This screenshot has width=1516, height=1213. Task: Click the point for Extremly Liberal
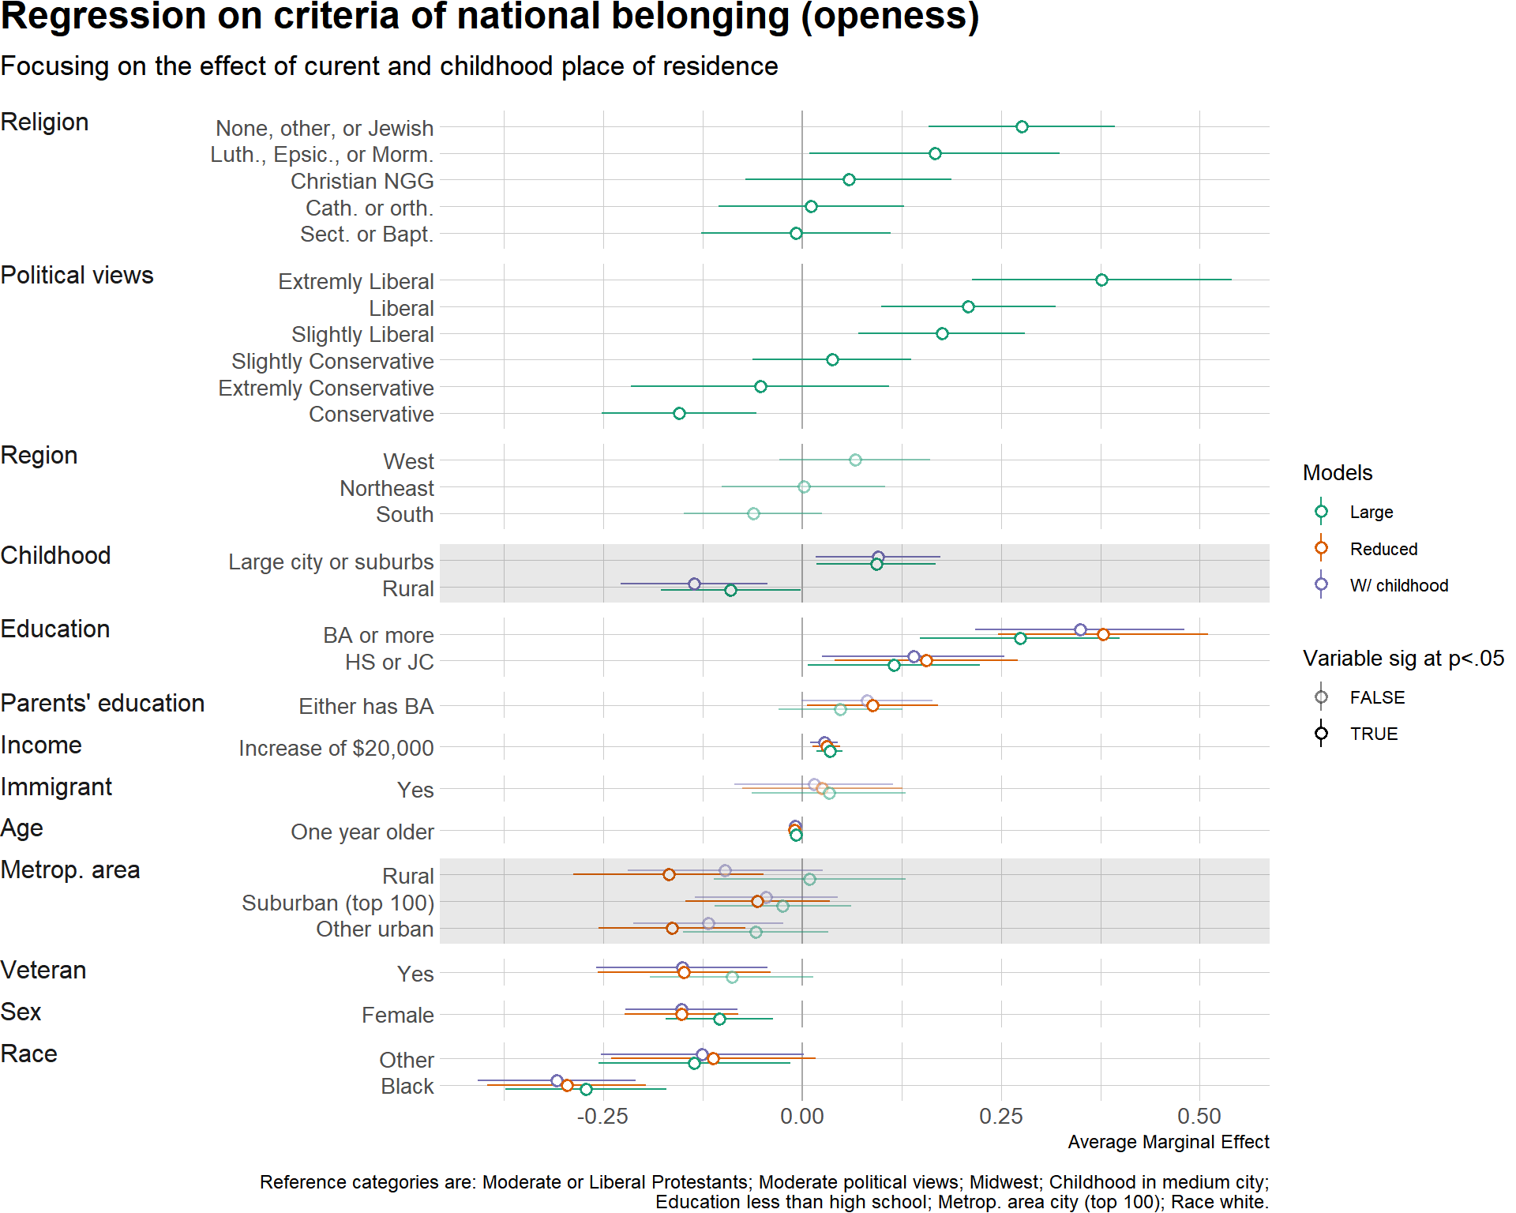click(x=1101, y=280)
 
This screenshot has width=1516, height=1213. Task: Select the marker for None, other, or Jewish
click(x=1022, y=127)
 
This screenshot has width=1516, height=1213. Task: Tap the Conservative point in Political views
click(x=679, y=414)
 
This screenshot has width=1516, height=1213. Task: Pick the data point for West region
click(x=855, y=460)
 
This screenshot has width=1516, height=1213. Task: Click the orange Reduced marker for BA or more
click(x=1103, y=635)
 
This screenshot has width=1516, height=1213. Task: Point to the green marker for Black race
click(x=586, y=1090)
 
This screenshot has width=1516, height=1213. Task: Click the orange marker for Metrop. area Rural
click(x=669, y=875)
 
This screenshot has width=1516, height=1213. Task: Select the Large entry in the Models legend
click(x=1371, y=513)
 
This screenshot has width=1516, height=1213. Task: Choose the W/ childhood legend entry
click(x=1398, y=586)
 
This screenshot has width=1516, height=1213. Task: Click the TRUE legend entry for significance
click(x=1373, y=734)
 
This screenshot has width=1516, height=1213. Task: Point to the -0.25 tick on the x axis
click(x=602, y=1117)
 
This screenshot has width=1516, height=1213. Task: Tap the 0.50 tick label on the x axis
click(x=1199, y=1117)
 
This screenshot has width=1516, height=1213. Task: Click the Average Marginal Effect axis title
click(x=1168, y=1143)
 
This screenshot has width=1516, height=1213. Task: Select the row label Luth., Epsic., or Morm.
click(x=322, y=155)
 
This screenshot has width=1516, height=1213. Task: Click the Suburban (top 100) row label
click(x=338, y=903)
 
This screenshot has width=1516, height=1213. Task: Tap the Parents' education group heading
click(x=103, y=704)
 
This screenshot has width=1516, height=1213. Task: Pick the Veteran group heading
click(x=43, y=971)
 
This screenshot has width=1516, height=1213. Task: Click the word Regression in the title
click(x=103, y=17)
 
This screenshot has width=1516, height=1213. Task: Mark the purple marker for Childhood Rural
click(x=694, y=584)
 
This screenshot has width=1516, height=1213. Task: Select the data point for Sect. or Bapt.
click(x=796, y=234)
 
